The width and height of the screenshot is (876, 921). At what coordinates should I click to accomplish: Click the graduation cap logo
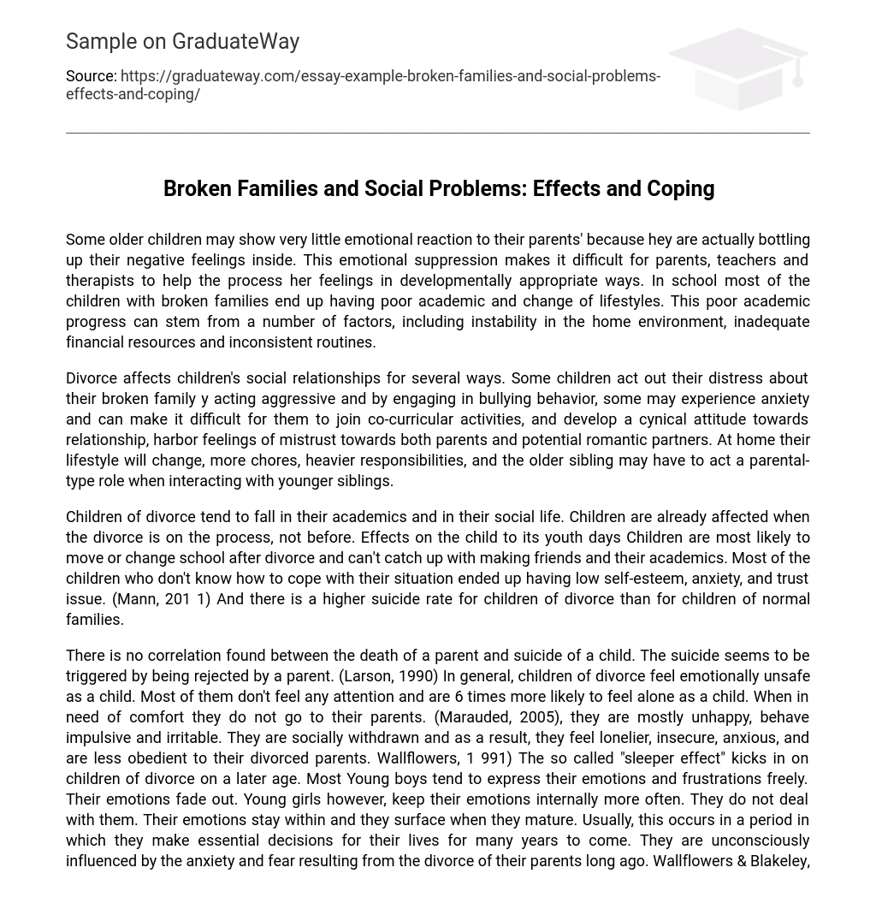point(739,68)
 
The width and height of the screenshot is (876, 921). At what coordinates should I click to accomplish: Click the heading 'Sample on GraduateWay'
point(182,41)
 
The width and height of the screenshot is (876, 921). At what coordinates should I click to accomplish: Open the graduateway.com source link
point(390,76)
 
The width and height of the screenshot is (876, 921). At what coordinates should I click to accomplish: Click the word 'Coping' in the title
point(681,188)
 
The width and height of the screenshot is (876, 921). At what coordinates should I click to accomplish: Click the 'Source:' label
point(91,76)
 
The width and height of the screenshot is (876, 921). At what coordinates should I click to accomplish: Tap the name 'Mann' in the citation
point(135,599)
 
